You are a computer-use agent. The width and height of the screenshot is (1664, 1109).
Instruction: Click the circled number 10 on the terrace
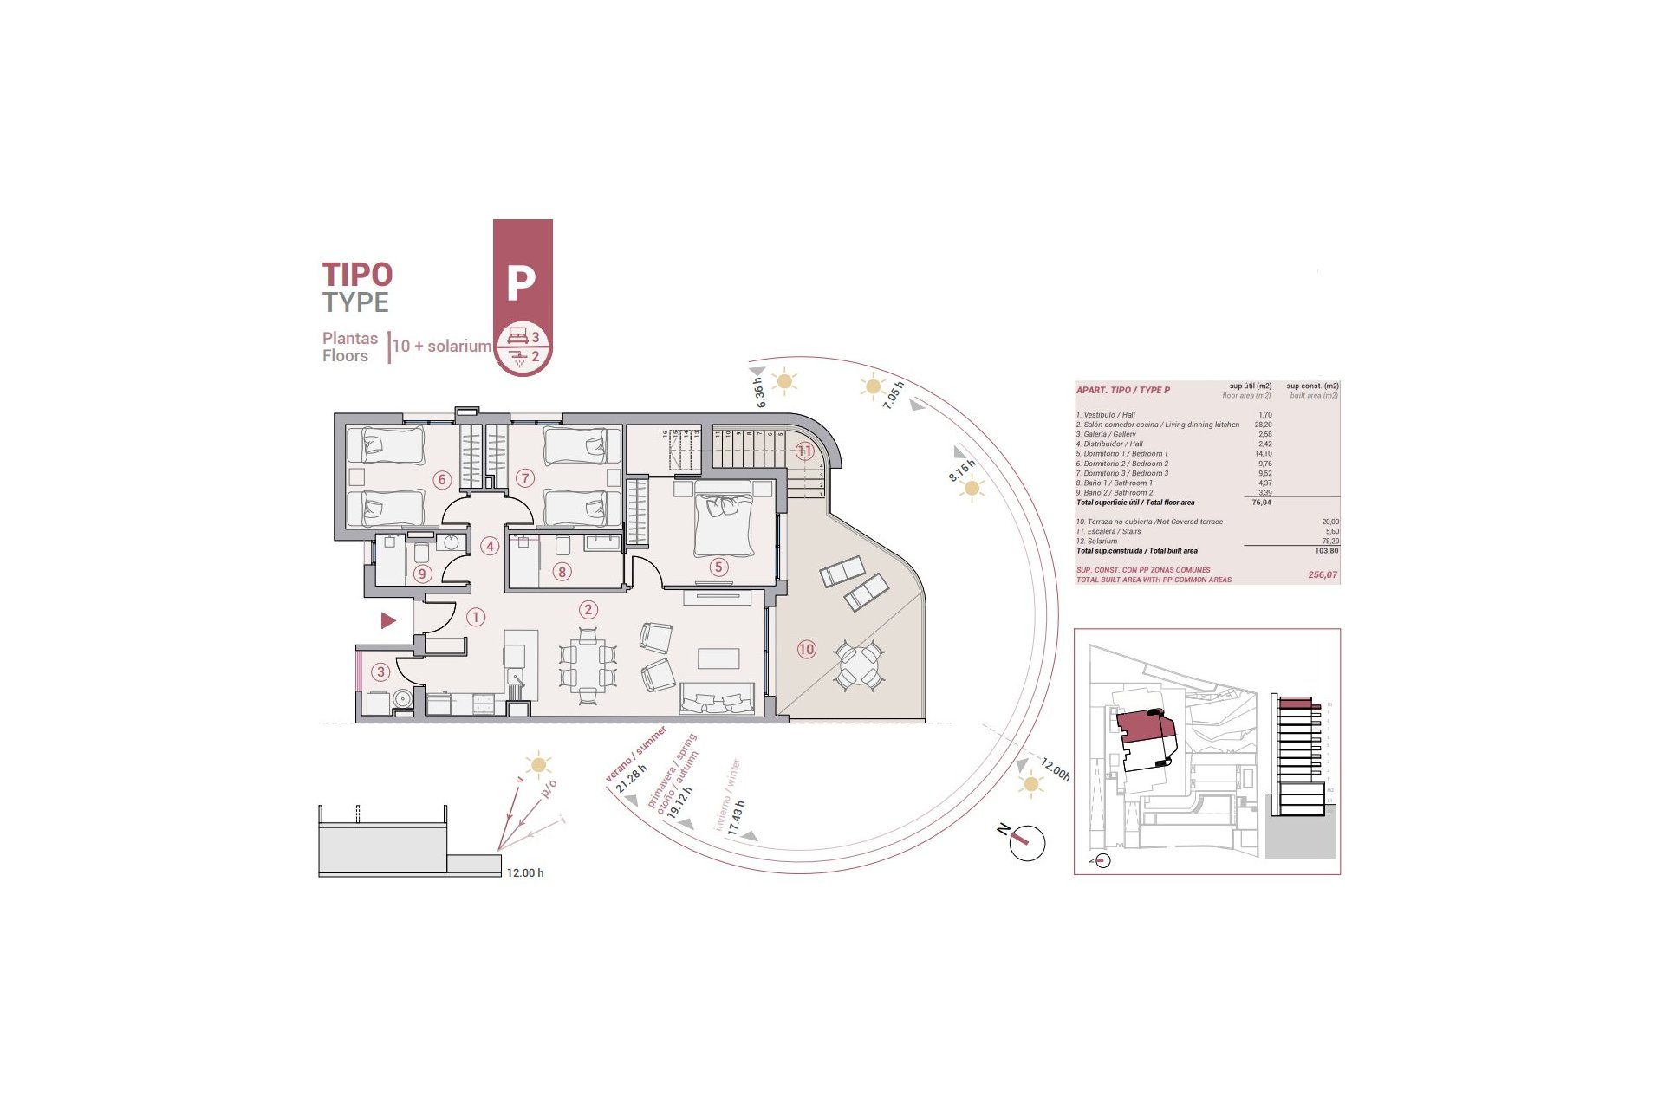click(x=807, y=649)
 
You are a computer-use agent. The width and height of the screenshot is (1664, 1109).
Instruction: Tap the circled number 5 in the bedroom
click(x=718, y=567)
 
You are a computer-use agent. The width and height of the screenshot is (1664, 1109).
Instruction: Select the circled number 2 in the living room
click(x=588, y=610)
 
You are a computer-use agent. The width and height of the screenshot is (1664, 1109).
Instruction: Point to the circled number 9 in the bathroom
click(x=422, y=574)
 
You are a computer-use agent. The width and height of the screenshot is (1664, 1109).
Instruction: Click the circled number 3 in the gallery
click(x=380, y=671)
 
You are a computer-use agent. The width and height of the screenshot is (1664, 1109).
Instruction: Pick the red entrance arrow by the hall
click(x=388, y=620)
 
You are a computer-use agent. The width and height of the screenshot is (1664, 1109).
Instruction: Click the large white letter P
click(x=521, y=282)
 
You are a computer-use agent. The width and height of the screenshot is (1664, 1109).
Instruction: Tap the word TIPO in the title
click(x=357, y=275)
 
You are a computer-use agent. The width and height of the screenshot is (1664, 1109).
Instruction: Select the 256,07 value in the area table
click(x=1322, y=575)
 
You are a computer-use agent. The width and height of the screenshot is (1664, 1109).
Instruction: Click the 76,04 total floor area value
click(x=1261, y=503)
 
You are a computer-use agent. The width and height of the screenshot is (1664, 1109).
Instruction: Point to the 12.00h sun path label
click(x=1056, y=769)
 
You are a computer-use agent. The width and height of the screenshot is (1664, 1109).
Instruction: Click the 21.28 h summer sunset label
click(x=631, y=778)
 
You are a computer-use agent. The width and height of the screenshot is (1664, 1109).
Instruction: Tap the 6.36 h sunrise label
click(x=760, y=392)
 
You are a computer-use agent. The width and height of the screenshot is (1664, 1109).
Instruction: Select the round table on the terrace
click(x=859, y=665)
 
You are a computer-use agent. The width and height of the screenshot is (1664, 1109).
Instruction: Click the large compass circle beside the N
click(x=1028, y=843)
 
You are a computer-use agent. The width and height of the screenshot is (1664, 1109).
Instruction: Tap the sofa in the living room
click(x=717, y=698)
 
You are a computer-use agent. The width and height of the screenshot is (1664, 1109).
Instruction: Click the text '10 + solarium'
click(x=442, y=346)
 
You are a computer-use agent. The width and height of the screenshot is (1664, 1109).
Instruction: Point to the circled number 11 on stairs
click(x=804, y=451)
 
